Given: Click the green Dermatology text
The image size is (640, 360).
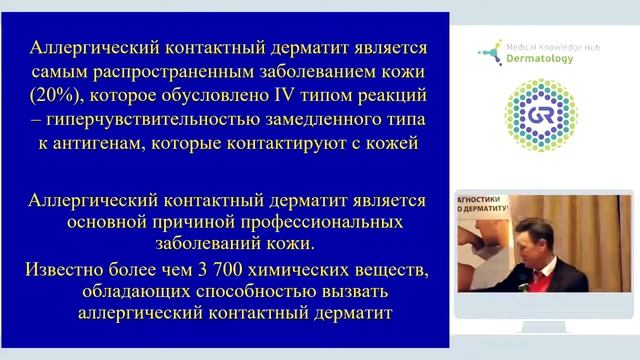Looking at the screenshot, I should click(x=538, y=58).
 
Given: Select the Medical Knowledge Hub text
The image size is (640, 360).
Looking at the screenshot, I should click(x=550, y=45).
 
